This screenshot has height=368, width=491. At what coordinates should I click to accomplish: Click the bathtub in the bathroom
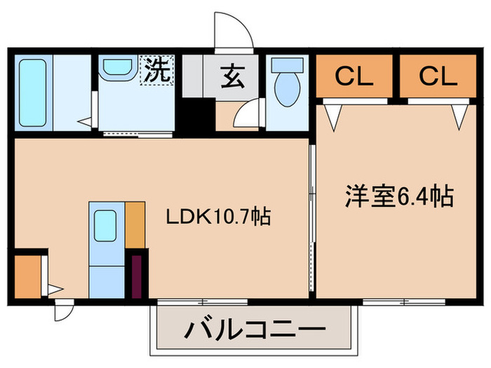click(31, 93)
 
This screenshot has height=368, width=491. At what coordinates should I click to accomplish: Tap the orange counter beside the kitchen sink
click(135, 224)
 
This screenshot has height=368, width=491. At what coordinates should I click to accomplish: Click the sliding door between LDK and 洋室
click(312, 217)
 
